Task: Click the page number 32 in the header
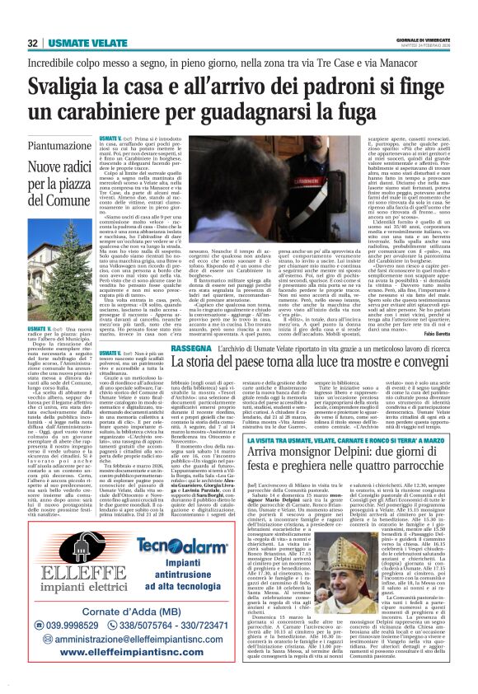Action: (x=32, y=43)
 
